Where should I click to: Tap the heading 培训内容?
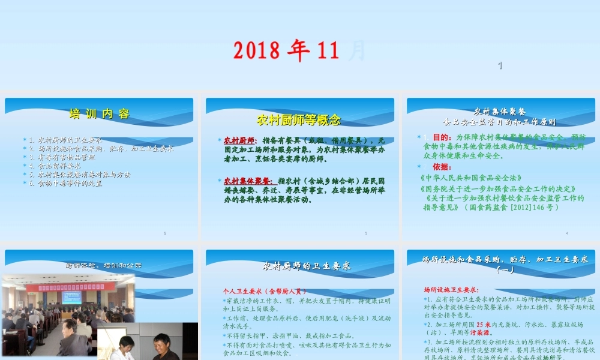click(x=100, y=114)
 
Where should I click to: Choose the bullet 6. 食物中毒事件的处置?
click(x=70, y=183)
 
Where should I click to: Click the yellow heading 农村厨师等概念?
click(x=299, y=119)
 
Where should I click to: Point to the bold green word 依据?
click(x=442, y=167)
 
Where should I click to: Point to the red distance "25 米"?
click(x=485, y=325)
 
